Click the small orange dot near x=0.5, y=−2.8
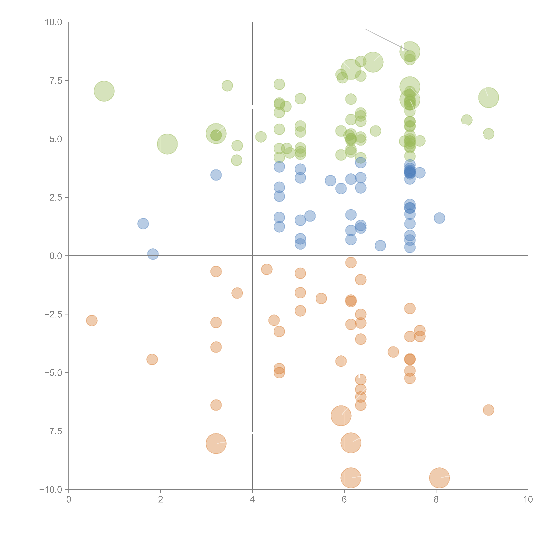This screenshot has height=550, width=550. pyautogui.click(x=92, y=321)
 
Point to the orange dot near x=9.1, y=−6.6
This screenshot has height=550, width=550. pyautogui.click(x=489, y=410)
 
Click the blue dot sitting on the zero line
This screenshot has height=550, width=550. pyautogui.click(x=153, y=254)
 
